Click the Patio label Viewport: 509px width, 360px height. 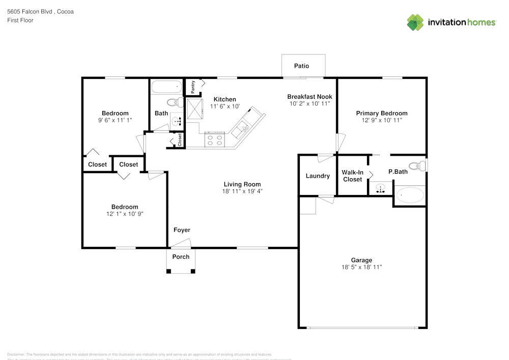(x=301, y=66)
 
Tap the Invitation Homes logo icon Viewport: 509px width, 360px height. (x=415, y=22)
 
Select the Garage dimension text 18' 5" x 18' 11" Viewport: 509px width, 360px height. (x=361, y=267)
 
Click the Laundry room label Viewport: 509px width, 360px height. (x=318, y=176)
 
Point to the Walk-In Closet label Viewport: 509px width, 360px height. (x=352, y=176)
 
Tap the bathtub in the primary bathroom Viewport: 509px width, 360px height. (x=410, y=195)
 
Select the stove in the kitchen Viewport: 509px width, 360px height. (x=214, y=139)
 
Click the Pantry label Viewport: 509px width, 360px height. (x=193, y=87)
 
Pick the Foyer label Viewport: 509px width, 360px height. (x=182, y=231)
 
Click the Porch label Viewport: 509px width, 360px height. (x=181, y=257)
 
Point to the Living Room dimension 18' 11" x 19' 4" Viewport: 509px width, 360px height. (x=242, y=191)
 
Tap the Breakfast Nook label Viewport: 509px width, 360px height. (x=309, y=97)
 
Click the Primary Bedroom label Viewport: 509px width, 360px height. (x=382, y=114)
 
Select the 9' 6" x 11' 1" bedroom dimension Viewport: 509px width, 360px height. (x=115, y=120)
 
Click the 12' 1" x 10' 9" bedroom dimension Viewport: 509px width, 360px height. (x=125, y=214)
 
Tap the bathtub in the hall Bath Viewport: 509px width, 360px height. (x=166, y=87)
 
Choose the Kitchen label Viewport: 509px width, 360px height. (x=224, y=99)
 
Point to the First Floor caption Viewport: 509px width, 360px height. (x=20, y=20)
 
